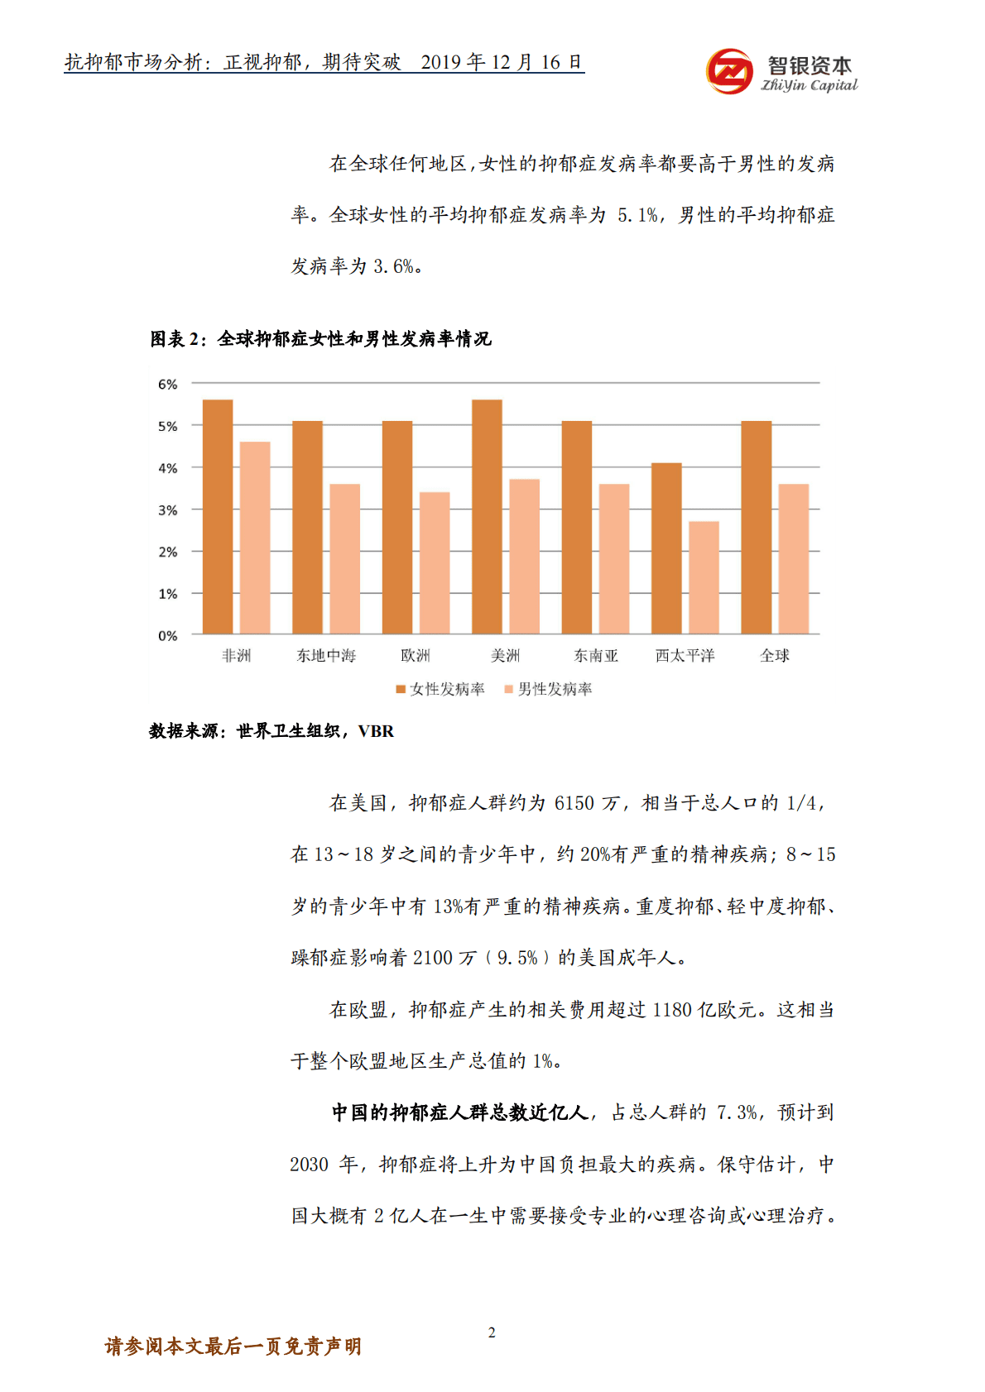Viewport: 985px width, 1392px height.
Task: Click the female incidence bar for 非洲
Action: [218, 517]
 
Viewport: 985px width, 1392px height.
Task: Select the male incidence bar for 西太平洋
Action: [704, 577]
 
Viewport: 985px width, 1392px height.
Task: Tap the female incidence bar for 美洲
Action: [487, 517]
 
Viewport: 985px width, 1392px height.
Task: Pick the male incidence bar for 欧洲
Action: [435, 563]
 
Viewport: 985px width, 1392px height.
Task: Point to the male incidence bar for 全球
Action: [793, 559]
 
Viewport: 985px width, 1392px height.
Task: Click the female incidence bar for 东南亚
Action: [577, 528]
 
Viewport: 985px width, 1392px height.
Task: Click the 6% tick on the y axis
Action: [168, 385]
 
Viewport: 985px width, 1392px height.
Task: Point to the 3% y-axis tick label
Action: [168, 510]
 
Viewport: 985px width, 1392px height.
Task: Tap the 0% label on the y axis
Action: [168, 636]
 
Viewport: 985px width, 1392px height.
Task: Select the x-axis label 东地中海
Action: [326, 656]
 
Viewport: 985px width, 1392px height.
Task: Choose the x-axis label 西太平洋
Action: [685, 656]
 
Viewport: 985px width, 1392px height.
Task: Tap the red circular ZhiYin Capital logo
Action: [729, 71]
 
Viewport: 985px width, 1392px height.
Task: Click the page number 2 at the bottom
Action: [492, 1332]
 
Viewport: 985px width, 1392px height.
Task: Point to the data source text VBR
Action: [376, 731]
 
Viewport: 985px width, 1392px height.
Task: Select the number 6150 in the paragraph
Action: [574, 803]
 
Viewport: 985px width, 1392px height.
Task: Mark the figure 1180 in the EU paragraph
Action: [671, 1010]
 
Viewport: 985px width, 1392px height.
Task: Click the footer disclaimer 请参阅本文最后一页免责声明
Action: [233, 1347]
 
